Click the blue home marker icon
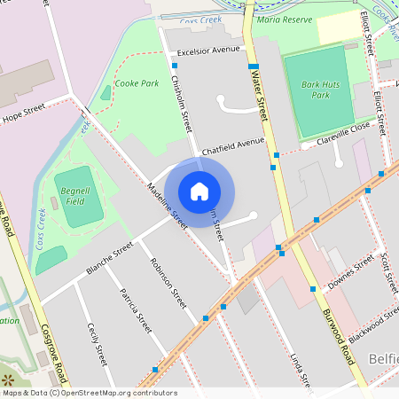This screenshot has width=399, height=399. tap(199, 190)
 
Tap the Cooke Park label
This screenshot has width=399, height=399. tap(137, 83)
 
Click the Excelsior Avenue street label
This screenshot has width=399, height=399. tap(209, 50)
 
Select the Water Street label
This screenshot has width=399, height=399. tap(261, 98)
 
